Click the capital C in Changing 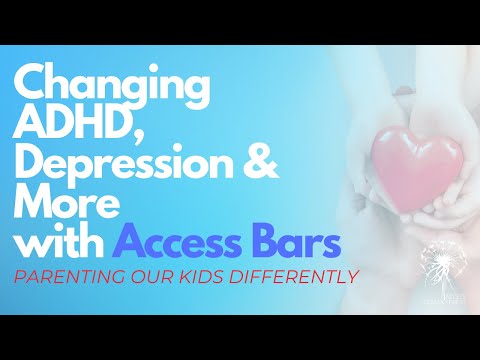pos(31,85)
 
